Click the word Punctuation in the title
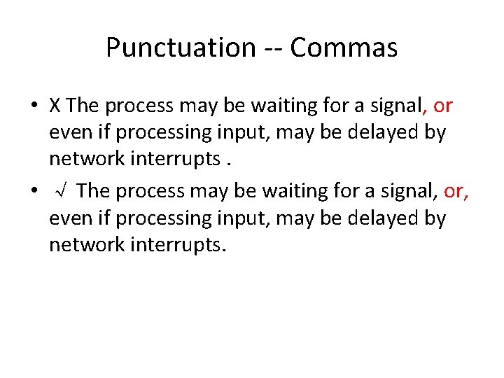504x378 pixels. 181,48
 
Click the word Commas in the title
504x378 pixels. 344,48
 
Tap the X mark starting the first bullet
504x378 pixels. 55,106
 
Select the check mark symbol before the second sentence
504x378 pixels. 61,190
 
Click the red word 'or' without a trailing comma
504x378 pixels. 442,106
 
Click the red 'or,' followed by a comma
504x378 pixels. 456,190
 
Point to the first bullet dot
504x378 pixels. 34,106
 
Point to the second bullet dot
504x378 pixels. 34,191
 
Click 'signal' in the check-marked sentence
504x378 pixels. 406,190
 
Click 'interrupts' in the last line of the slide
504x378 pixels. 172,246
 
